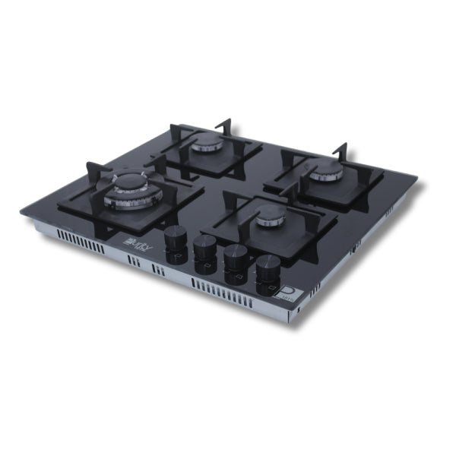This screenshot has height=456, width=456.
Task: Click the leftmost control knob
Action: [176, 235]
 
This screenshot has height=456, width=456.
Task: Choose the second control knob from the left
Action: [204, 246]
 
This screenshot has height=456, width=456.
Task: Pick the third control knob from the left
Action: [235, 256]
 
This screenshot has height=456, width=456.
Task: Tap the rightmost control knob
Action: [267, 267]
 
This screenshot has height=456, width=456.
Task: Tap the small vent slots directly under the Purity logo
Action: [134, 262]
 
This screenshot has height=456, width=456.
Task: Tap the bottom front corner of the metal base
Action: [290, 323]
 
